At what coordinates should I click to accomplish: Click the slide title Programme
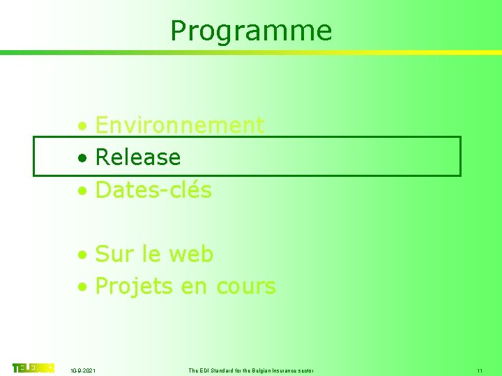click(x=251, y=31)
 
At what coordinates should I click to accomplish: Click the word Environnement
click(x=179, y=125)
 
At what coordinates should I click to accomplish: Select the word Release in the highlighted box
click(x=138, y=157)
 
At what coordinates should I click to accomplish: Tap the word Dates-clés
click(x=153, y=189)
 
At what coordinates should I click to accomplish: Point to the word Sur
click(x=115, y=254)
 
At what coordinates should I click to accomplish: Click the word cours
click(x=246, y=286)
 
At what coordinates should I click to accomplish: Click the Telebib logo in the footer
click(x=33, y=368)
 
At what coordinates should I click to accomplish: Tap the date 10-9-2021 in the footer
click(x=84, y=370)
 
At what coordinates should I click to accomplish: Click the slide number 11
click(x=480, y=370)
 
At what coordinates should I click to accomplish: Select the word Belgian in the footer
click(x=259, y=370)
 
